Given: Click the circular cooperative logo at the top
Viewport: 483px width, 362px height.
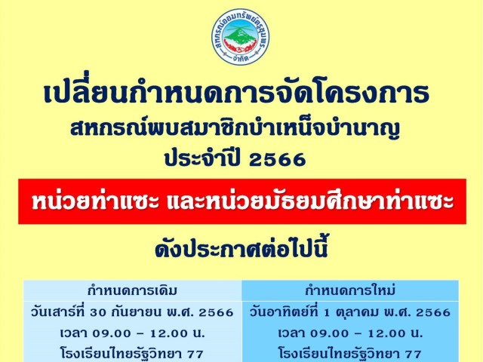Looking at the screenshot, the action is pyautogui.click(x=240, y=37).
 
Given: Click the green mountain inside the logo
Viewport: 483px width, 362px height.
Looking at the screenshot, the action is pyautogui.click(x=240, y=35).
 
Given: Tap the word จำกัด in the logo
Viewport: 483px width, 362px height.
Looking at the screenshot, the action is pyautogui.click(x=241, y=58).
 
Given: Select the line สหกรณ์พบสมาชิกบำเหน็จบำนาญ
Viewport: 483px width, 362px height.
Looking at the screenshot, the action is pyautogui.click(x=235, y=129).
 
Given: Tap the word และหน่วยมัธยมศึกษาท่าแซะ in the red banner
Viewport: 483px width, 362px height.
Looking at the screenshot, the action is pyautogui.click(x=310, y=201).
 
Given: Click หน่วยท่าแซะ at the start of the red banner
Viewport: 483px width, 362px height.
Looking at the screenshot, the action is pyautogui.click(x=96, y=201).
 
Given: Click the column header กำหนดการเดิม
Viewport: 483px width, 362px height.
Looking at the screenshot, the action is pyautogui.click(x=132, y=290).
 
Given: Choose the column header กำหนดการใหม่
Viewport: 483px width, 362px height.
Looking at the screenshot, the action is pyautogui.click(x=350, y=290).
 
